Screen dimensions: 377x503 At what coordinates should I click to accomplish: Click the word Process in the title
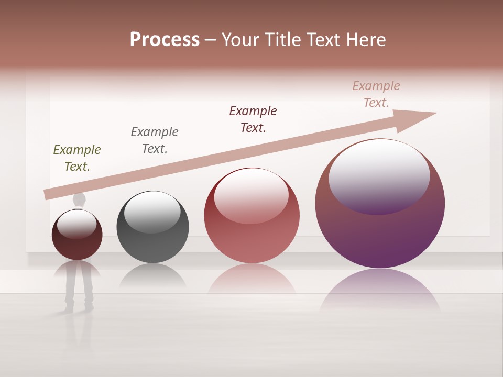tap(165, 40)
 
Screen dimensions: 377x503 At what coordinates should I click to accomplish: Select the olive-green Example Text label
tap(77, 158)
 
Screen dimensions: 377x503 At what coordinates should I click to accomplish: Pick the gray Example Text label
tap(155, 140)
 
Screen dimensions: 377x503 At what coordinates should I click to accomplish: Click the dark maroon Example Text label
tap(253, 119)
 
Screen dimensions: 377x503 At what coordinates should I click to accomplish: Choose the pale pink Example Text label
tap(376, 94)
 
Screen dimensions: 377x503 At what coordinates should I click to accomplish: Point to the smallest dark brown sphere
tap(77, 246)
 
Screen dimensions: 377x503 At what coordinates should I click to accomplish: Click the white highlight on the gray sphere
tap(152, 210)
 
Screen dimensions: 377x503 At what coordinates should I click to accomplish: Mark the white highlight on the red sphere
tap(251, 195)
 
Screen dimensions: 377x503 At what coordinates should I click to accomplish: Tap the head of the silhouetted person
tap(79, 199)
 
